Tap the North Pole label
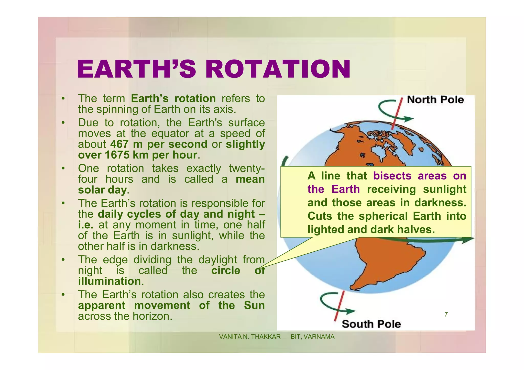coord(435,100)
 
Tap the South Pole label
coord(371,324)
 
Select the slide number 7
coord(446,314)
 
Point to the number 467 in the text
coord(119,144)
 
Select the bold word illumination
coord(109,281)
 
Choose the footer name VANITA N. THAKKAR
coord(250,337)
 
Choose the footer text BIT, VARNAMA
coord(312,337)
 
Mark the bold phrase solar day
coord(102,190)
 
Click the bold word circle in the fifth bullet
coord(226,271)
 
